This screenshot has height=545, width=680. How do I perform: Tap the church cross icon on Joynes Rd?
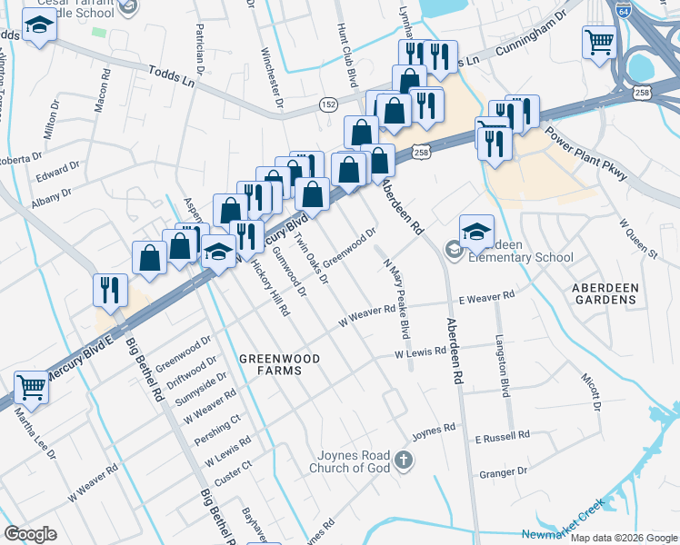pos(405,461)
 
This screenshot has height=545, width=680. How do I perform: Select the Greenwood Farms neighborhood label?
pos(279,364)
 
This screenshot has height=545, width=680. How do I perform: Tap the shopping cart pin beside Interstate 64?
pos(600,41)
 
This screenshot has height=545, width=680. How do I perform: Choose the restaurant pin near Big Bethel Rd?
pos(110,290)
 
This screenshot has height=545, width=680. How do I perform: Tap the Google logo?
pos(30,534)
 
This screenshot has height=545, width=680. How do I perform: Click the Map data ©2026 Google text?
pos(623,538)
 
